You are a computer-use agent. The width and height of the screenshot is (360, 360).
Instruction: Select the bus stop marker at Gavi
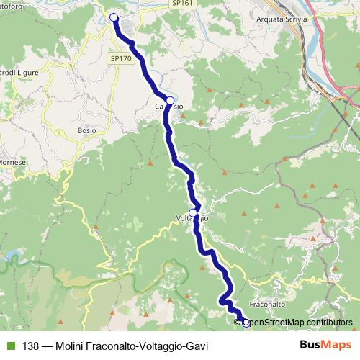pos(114,17)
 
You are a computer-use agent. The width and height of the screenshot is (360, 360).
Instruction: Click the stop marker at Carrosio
pos(169,100)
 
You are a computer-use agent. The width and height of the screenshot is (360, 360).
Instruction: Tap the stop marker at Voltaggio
pos(193,213)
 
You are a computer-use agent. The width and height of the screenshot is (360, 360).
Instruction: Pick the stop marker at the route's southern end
pos(245,323)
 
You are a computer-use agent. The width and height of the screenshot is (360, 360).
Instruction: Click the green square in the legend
pos(9,345)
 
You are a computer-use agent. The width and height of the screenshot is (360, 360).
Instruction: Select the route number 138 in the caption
pos(31,345)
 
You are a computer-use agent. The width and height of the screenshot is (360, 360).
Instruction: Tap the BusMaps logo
pos(324,344)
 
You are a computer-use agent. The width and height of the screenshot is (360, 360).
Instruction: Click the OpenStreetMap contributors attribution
pos(296,323)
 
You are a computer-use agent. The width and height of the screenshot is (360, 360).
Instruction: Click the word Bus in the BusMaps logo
pos(311,344)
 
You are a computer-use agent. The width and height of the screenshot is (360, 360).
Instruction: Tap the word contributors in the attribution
pos(328,323)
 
